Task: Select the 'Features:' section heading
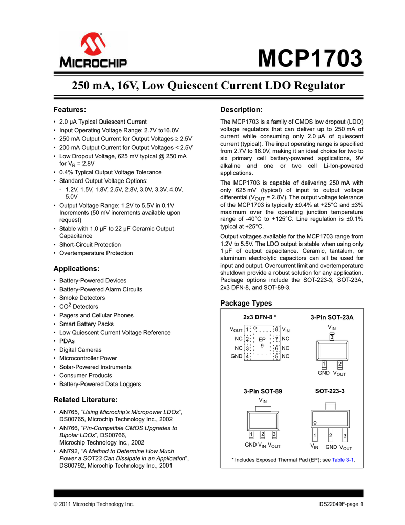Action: click(70, 109)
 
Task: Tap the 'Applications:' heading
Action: click(76, 268)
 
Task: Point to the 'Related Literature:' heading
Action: click(86, 399)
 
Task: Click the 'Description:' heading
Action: click(241, 110)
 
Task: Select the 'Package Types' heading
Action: click(246, 303)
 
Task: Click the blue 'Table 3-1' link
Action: click(343, 460)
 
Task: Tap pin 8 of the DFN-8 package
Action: click(276, 330)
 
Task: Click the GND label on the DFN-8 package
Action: click(236, 356)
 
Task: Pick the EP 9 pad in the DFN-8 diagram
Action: click(262, 342)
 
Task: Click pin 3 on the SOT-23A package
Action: click(332, 337)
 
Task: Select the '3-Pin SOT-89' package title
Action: click(263, 391)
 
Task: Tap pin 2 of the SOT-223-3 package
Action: click(331, 436)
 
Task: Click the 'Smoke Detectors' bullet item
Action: click(82, 298)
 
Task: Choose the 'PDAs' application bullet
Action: click(67, 341)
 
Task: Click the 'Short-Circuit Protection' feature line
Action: click(90, 245)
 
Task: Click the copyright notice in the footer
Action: click(94, 505)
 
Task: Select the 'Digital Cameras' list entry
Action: click(81, 350)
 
